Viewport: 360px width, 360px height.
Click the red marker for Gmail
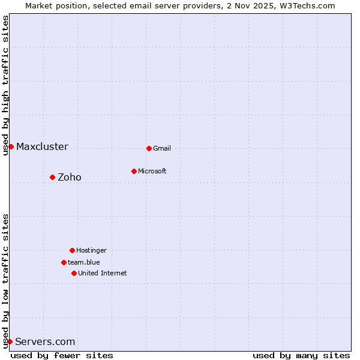tap(149, 148)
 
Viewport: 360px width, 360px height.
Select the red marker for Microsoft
tap(134, 171)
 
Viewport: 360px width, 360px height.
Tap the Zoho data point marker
tap(52, 177)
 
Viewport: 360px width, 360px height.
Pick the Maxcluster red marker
tap(11, 146)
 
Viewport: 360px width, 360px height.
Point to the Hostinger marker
tap(72, 250)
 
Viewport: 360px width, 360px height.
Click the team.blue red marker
tap(64, 262)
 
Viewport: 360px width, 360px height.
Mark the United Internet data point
tap(74, 273)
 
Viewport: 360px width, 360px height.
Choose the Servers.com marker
tap(10, 341)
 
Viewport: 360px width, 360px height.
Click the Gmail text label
tap(162, 149)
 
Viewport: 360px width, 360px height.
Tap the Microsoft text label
tap(152, 172)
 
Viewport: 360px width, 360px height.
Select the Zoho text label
tap(70, 178)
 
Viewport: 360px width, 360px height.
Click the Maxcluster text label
tap(42, 147)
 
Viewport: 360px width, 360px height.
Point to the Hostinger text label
tap(91, 251)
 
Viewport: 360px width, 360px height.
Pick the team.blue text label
tap(84, 263)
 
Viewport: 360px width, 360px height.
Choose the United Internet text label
tap(103, 274)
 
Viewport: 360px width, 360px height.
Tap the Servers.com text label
tap(45, 342)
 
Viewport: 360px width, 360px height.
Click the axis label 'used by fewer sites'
tap(62, 356)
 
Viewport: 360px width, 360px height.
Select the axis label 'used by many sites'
tap(301, 356)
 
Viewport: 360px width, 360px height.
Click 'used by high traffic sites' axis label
tap(5, 85)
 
